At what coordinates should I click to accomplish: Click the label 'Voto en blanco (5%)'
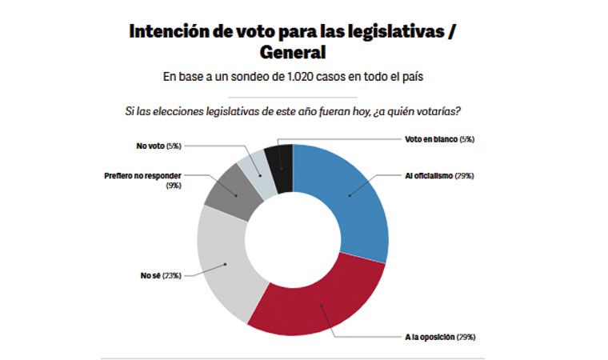pyautogui.click(x=439, y=139)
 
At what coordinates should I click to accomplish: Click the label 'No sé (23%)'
pyautogui.click(x=161, y=275)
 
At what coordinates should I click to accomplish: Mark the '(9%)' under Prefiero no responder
pyautogui.click(x=174, y=185)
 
